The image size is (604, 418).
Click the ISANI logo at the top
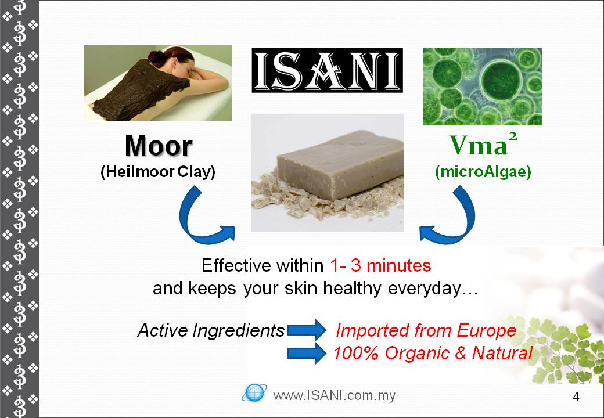(327, 70)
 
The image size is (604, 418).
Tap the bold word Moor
(159, 146)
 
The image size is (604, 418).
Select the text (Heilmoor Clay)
(158, 172)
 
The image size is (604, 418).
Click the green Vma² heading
(483, 144)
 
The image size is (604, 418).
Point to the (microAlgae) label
(483, 172)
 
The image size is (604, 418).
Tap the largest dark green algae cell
(502, 81)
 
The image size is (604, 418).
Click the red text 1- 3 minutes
(380, 265)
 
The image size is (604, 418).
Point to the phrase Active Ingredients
(211, 330)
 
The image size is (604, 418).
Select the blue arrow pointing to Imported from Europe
(307, 330)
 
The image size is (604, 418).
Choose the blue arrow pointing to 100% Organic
(307, 353)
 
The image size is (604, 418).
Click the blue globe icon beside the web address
(254, 393)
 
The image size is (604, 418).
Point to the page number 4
(576, 397)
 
